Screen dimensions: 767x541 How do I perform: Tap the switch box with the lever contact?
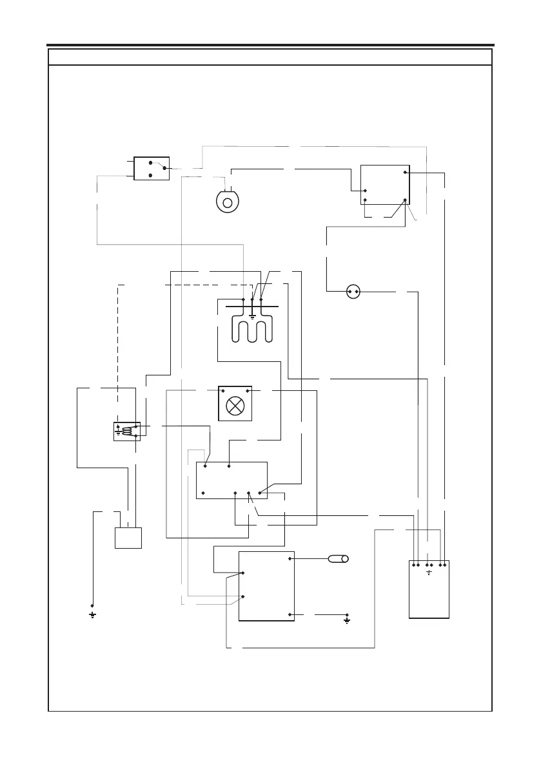pos(151,167)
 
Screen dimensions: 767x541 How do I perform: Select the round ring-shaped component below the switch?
pos(227,202)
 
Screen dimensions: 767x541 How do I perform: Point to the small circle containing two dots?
pos(353,292)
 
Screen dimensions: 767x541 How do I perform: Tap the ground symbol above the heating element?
pos(252,317)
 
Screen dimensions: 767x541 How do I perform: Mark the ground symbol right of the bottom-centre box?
pos(347,621)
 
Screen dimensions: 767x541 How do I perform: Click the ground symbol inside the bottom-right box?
pos(429,572)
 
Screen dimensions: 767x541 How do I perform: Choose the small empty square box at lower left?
pos(128,538)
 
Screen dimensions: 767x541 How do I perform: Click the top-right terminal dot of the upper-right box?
pos(404,173)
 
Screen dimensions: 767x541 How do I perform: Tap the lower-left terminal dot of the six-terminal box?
pos(204,493)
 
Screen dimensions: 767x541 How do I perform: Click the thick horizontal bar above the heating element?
pos(252,308)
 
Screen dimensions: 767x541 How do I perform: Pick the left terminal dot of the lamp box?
pos(223,391)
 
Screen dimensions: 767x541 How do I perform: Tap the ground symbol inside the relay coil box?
pos(119,433)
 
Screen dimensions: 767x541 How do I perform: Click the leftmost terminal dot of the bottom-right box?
pos(413,565)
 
